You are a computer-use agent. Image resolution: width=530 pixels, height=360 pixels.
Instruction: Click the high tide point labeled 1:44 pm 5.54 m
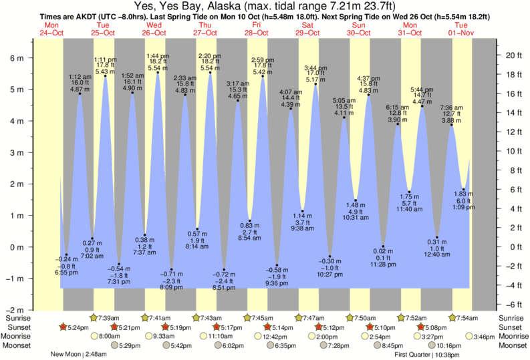tap(158, 73)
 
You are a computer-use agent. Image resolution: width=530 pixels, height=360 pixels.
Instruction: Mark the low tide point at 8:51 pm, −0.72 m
tap(224, 270)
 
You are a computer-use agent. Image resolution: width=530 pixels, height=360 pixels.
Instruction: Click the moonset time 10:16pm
tap(449, 346)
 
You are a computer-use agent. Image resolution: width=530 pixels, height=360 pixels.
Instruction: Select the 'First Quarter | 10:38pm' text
tap(427, 355)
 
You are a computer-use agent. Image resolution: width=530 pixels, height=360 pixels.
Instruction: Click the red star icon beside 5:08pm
tap(420, 327)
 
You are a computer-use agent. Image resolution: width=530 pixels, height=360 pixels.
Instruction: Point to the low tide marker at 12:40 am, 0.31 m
tap(437, 237)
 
